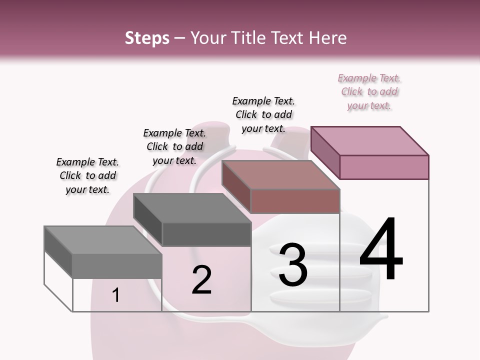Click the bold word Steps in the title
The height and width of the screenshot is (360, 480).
point(147,38)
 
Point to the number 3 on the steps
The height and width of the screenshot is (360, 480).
point(293,265)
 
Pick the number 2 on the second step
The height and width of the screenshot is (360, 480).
point(201,279)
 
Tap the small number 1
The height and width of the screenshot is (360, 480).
point(116,295)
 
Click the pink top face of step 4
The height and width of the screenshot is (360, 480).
point(369,140)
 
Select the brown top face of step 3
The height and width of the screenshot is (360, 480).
point(280,175)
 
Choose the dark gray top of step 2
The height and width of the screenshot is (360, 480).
point(192,208)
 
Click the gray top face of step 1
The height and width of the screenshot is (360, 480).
point(103,240)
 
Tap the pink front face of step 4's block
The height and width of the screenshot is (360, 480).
point(384,167)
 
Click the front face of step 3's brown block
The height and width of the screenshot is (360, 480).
point(295,201)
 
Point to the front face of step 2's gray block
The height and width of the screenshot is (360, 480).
point(206,234)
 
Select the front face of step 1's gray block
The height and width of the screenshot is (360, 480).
point(117,266)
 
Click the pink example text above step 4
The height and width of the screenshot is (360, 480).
point(369,92)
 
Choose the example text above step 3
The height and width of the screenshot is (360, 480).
point(263,114)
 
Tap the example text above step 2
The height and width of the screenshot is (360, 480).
point(174,146)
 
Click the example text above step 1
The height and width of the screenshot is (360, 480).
point(87,175)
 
